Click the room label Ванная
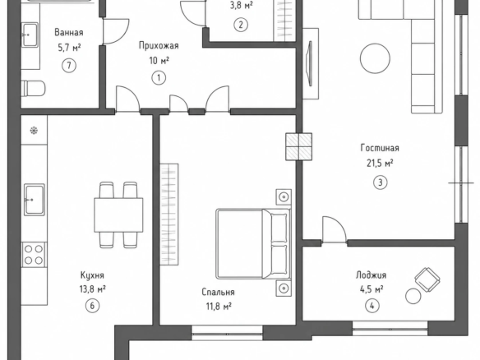(69, 32)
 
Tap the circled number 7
(69, 65)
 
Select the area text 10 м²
(159, 61)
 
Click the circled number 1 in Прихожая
(159, 78)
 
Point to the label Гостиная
(380, 148)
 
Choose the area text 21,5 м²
(380, 164)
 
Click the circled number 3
(381, 182)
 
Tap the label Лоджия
(371, 275)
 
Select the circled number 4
(372, 306)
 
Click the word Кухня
(92, 275)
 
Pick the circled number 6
(92, 305)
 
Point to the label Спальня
(219, 292)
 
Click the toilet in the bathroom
(33, 89)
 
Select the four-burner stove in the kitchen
(34, 255)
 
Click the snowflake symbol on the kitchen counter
(34, 131)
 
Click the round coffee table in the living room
(375, 58)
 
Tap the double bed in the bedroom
(253, 244)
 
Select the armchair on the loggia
(427, 279)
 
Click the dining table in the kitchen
(118, 215)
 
